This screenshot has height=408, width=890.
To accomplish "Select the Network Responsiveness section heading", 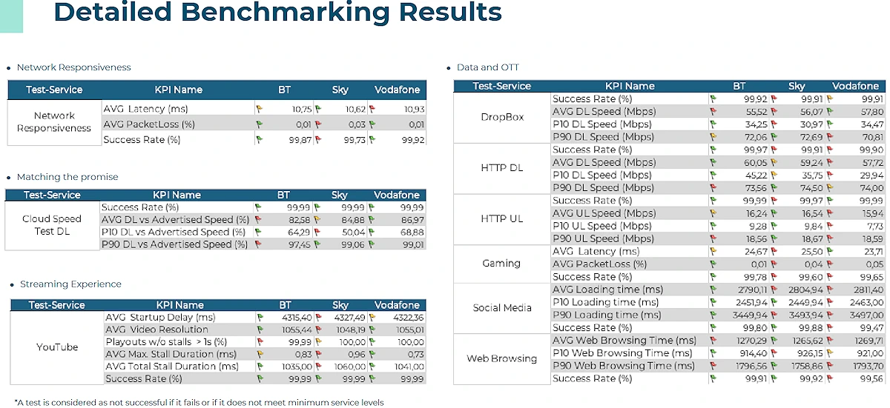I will pyautogui.click(x=73, y=67).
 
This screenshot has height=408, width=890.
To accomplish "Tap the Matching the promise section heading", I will pyautogui.click(x=67, y=177).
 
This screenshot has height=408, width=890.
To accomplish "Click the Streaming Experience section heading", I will pyautogui.click(x=70, y=284).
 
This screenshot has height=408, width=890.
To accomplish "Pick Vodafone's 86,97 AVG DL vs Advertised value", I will pyautogui.click(x=410, y=220).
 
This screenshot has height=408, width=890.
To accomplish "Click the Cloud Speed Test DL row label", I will pyautogui.click(x=52, y=225).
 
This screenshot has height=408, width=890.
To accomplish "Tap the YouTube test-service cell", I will pyautogui.click(x=57, y=347).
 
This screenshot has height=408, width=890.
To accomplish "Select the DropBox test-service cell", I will pyautogui.click(x=502, y=118).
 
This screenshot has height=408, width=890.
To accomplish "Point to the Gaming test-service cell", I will pyautogui.click(x=501, y=264).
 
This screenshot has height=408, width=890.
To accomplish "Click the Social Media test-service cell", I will pyautogui.click(x=502, y=308).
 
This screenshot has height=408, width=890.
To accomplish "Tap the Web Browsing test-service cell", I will pyautogui.click(x=502, y=359).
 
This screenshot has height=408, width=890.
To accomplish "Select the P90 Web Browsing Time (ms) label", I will pyautogui.click(x=624, y=366).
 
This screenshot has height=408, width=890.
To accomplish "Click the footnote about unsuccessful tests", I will pyautogui.click(x=199, y=403).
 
